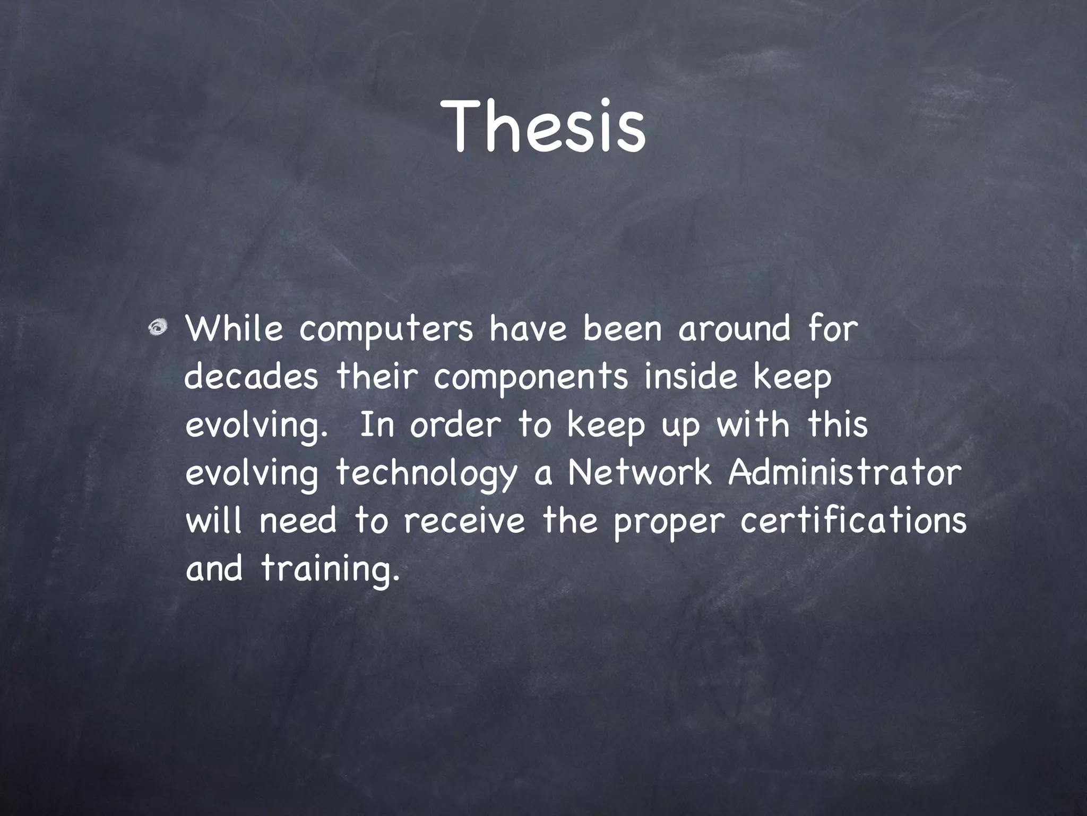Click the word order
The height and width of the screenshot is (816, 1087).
(x=455, y=425)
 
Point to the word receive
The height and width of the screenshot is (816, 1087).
(x=464, y=521)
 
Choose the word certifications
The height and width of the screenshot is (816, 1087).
(x=853, y=521)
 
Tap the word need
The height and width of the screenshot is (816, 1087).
(x=298, y=521)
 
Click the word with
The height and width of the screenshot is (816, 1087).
(x=753, y=425)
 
